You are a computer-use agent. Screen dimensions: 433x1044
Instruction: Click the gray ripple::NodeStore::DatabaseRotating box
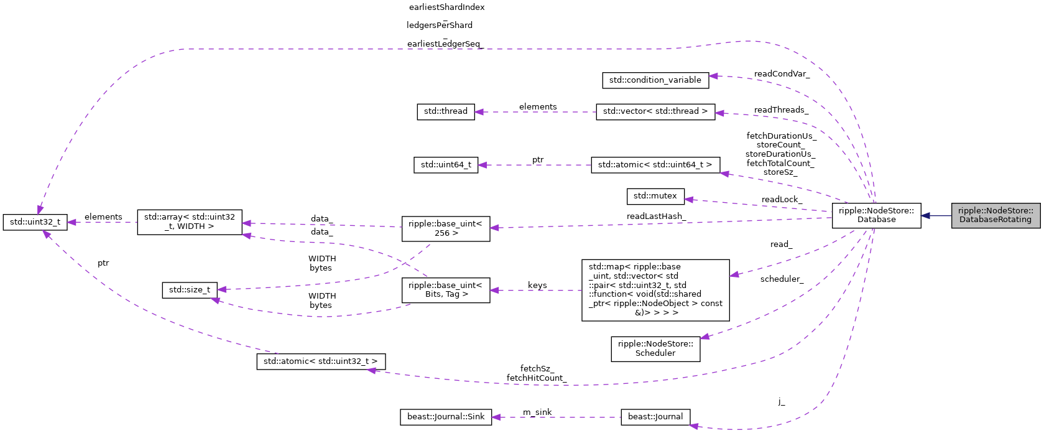coord(995,215)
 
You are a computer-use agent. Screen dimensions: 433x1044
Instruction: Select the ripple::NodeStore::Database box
coord(876,215)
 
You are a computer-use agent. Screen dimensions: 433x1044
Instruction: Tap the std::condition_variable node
coord(655,80)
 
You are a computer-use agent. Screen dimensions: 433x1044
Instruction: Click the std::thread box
coord(445,111)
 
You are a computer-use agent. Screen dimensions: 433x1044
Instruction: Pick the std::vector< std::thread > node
coord(655,111)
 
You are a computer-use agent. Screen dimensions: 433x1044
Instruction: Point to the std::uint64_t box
coord(445,165)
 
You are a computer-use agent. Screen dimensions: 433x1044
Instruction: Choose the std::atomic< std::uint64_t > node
coord(655,165)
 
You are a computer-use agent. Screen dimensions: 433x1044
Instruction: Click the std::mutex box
coord(655,196)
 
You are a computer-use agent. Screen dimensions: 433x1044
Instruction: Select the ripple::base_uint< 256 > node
coord(445,228)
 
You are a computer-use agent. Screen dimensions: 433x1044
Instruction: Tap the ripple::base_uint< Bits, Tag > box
coord(445,290)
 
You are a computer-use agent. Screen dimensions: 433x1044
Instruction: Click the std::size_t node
coord(190,290)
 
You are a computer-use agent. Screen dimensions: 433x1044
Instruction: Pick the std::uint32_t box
coord(35,222)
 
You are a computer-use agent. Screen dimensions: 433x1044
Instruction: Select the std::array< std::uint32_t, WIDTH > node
coord(189,222)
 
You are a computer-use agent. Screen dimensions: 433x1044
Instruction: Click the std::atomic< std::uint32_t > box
coord(320,361)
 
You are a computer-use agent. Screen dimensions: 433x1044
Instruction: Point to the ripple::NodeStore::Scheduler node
coord(655,348)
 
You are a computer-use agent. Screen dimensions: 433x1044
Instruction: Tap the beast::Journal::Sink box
coord(445,417)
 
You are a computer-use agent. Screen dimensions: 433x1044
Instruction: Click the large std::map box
coord(655,290)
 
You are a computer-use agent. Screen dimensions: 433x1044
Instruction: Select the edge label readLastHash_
coord(655,216)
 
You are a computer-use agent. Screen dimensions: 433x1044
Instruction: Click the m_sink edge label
coord(537,412)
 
